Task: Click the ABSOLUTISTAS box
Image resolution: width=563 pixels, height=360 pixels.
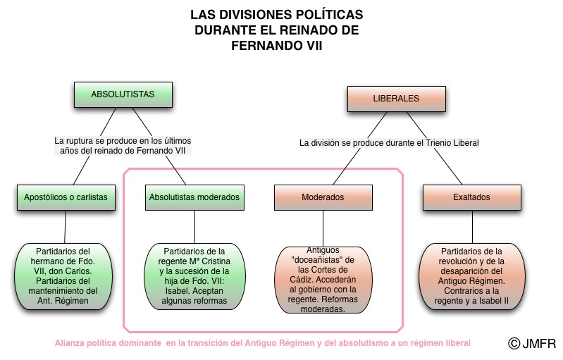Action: tap(123, 94)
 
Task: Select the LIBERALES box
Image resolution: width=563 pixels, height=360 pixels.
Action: tap(395, 98)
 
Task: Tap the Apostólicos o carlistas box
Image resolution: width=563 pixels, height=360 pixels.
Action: tap(65, 197)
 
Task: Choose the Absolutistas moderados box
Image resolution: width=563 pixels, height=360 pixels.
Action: tap(194, 197)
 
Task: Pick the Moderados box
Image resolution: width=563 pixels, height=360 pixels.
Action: tap(323, 197)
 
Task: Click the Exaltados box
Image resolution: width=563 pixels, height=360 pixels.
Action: tap(471, 197)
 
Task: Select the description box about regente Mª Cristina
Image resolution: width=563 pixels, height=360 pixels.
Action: tap(195, 276)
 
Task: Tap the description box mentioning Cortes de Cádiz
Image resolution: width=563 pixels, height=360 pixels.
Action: tap(323, 279)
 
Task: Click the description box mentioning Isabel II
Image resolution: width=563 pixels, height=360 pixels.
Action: tap(471, 276)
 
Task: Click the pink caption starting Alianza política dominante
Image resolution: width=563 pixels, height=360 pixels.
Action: tap(263, 343)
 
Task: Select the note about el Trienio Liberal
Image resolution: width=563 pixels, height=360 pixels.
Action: tap(389, 143)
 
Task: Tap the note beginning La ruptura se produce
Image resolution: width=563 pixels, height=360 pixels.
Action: tap(123, 145)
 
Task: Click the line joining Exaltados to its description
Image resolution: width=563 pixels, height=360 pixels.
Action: tap(471, 226)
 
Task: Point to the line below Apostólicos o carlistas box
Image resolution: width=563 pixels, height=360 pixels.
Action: tap(66, 226)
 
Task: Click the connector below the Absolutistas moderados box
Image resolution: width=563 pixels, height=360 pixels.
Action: tap(195, 226)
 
